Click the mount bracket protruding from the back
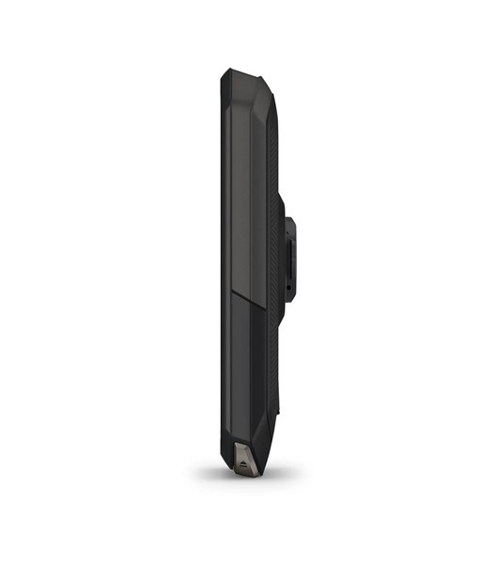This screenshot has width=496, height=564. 290,251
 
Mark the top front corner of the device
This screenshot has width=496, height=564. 223,73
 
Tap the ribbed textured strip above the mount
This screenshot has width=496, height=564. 273,150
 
